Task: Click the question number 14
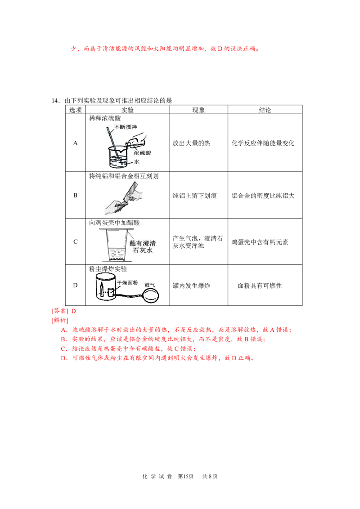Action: coord(55,101)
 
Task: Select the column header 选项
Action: coord(76,110)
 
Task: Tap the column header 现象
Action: coord(198,110)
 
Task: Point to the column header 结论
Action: coord(265,110)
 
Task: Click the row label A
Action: coord(76,143)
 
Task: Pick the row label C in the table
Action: coord(76,242)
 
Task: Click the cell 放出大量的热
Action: coord(191,143)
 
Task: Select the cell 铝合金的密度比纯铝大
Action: coord(263,196)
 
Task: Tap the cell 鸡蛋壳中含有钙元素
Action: coord(260,242)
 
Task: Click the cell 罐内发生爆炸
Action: coord(191,286)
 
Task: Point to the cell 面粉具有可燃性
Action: coord(260,286)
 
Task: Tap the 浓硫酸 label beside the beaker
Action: coord(143,152)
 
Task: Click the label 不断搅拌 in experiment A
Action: coord(126,127)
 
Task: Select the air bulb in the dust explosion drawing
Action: coord(151,295)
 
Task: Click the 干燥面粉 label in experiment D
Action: coord(127,283)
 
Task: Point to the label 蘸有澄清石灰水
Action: coord(143,247)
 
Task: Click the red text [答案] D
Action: coord(64,311)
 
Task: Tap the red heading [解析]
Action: coord(60,321)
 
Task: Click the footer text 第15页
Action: coord(186,476)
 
